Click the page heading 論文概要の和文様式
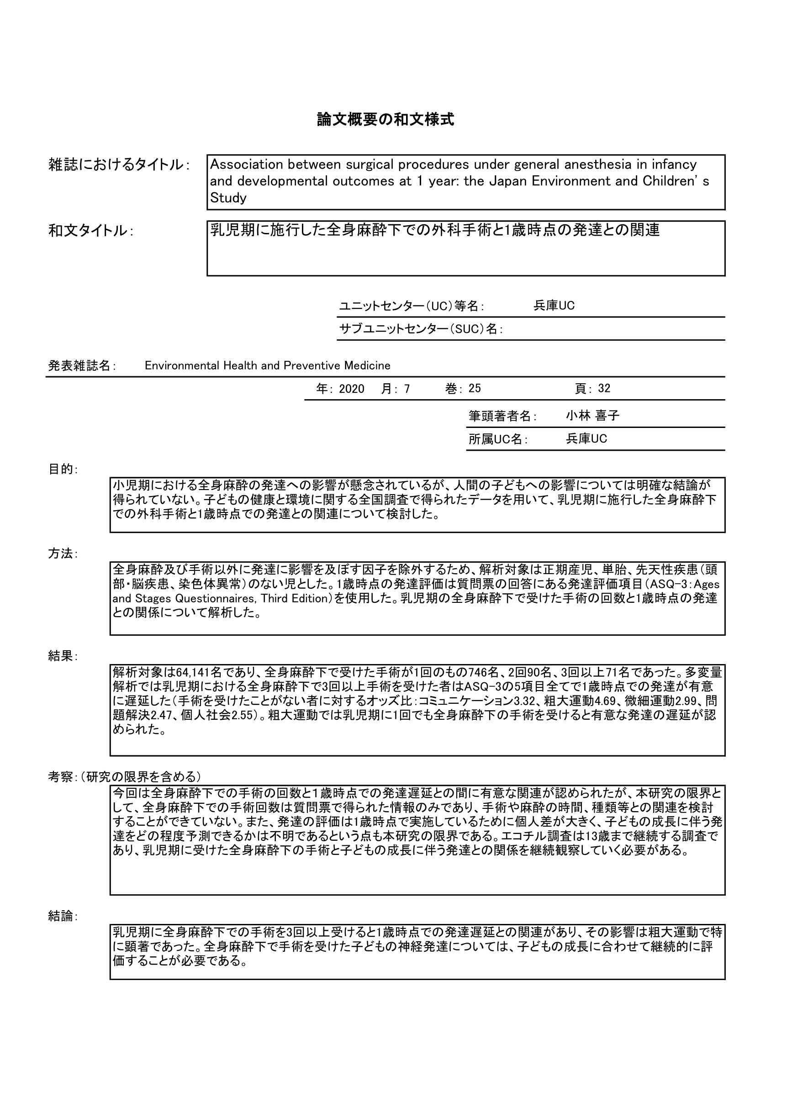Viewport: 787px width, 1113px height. click(386, 120)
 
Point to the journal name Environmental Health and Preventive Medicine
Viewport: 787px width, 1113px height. click(267, 365)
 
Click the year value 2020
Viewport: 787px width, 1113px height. click(352, 389)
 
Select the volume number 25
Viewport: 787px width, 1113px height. click(475, 389)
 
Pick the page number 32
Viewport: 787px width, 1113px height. click(604, 389)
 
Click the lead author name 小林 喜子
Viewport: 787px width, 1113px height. click(592, 416)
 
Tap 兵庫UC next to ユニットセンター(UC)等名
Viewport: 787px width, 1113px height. click(554, 306)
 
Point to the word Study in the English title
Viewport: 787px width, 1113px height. click(228, 198)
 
